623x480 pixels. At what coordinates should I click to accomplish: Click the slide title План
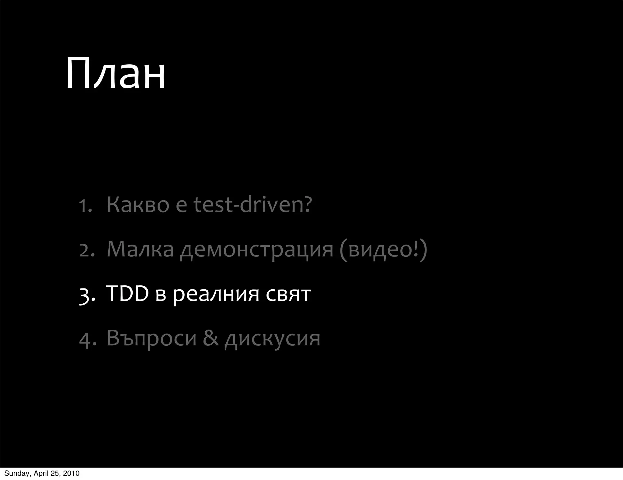115,73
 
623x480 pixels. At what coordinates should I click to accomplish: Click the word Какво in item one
138,205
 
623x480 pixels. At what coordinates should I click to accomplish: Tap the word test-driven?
253,205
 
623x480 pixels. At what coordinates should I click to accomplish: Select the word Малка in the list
140,249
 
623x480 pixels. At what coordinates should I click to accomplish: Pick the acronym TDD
127,294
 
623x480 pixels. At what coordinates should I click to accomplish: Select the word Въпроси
151,338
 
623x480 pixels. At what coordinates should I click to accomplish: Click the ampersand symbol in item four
211,338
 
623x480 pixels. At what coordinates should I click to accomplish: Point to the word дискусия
272,339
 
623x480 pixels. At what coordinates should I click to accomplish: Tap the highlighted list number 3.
87,295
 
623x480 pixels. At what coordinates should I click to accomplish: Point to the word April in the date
42,473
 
